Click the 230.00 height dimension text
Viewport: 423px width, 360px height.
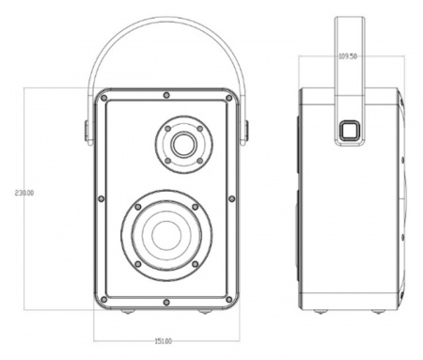[24, 193]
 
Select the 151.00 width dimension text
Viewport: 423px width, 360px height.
[164, 340]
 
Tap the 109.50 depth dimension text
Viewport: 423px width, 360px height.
[347, 56]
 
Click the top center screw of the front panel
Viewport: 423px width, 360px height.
[165, 95]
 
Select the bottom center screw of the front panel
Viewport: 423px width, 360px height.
[165, 302]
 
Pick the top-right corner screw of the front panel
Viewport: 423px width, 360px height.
[228, 97]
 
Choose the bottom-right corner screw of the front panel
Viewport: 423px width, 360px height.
[228, 300]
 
